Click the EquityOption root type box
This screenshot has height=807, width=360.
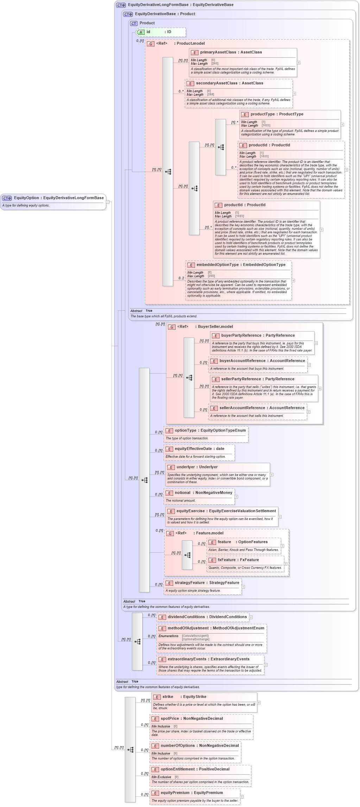pos(53,202)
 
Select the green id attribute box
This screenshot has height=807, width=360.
pos(161,32)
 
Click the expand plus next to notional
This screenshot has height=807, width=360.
pos(236,497)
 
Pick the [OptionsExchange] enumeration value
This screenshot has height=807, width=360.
pos(195,639)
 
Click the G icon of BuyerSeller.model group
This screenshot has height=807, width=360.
pos(172,327)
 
